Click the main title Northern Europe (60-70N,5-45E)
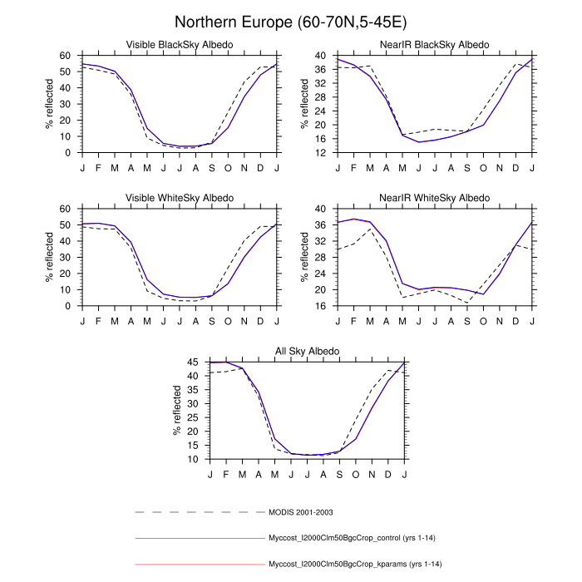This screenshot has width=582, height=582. pyautogui.click(x=291, y=22)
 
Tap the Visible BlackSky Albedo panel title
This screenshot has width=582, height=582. pyautogui.click(x=179, y=44)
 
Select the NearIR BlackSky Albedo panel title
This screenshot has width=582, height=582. pyautogui.click(x=435, y=44)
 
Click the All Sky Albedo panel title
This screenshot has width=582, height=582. pyautogui.click(x=307, y=351)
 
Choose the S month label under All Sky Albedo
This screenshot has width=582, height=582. pyautogui.click(x=339, y=473)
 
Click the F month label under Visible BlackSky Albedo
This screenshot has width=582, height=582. pyautogui.click(x=98, y=167)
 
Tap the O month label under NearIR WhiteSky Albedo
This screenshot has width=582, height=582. pyautogui.click(x=484, y=320)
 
